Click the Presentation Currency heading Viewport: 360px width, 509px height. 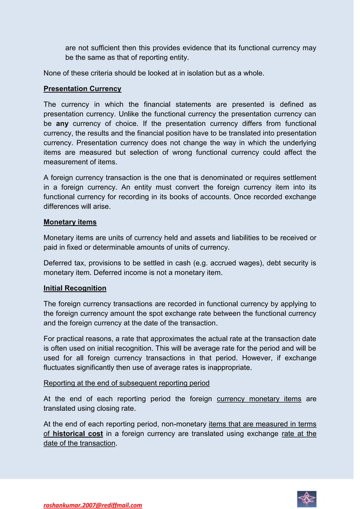82,89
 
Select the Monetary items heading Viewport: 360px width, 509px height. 70,222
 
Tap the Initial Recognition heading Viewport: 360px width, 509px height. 75,288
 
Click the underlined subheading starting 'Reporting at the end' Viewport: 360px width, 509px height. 126,384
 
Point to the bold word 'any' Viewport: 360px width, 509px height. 63,123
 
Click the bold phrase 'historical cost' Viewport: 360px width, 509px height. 78,434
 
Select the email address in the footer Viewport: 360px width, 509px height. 93,505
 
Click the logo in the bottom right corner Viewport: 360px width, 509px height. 306,499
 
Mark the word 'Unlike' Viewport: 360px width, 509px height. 130,114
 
